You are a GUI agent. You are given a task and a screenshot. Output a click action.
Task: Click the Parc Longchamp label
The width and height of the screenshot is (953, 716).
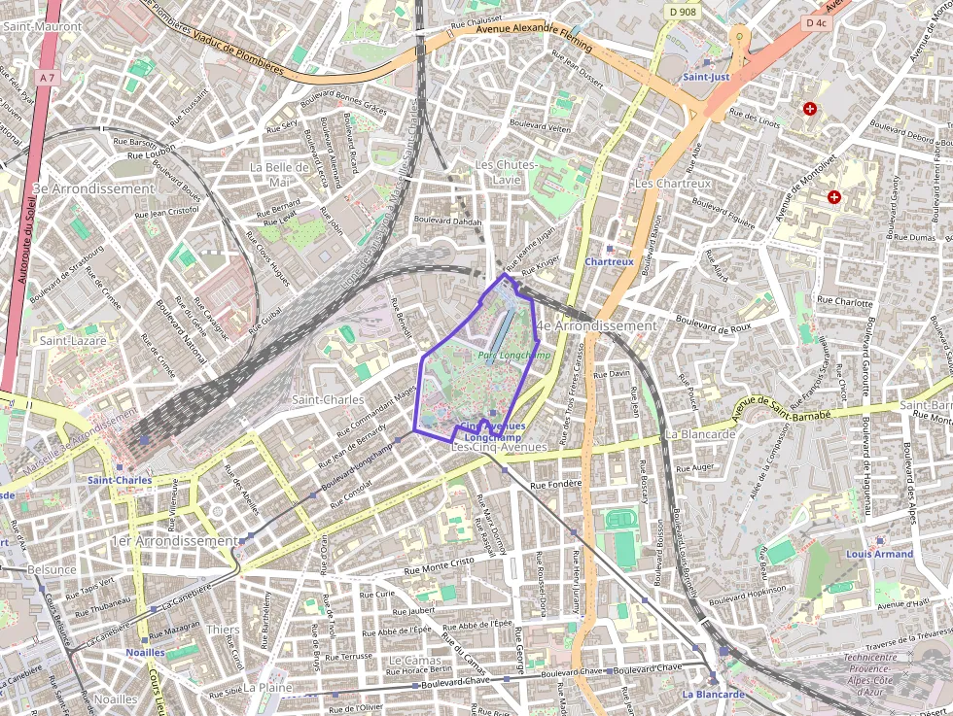point(514,357)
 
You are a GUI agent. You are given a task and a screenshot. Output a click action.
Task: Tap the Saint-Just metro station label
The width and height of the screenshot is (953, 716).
point(706,76)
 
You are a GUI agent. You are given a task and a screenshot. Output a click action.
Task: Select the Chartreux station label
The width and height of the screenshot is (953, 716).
point(610,261)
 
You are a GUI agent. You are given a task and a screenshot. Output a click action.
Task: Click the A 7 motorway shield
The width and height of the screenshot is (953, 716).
point(48,77)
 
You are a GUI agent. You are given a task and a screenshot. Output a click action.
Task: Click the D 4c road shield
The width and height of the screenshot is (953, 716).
point(815,22)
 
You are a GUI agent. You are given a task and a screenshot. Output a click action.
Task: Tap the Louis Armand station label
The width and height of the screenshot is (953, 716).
point(879,554)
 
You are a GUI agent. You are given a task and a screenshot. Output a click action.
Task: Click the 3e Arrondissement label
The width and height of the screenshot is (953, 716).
point(93,188)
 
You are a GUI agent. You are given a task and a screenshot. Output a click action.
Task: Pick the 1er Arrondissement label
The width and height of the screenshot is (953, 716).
point(174,540)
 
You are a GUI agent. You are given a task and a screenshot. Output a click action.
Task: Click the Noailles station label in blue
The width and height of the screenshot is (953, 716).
point(145,653)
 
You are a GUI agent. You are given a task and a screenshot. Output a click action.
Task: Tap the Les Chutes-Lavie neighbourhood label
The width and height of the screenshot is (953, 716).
point(507,173)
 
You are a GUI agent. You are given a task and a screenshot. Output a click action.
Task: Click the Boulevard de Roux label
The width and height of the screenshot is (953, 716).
point(713,324)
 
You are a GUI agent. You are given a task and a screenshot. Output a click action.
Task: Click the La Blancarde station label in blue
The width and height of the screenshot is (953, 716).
point(713,695)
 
